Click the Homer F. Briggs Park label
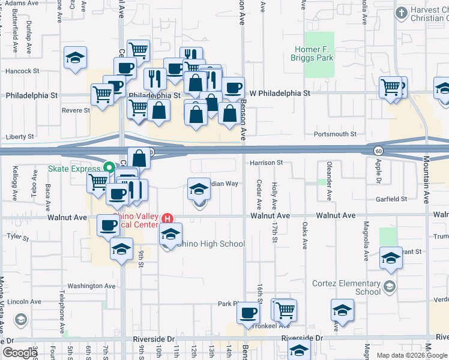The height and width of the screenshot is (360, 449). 319,54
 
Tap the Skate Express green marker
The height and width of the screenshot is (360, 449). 109,167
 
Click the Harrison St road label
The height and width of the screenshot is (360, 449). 267,163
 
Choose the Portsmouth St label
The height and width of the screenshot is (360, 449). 339,134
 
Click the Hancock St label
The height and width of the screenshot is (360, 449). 22,71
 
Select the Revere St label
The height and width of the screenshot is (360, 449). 76,110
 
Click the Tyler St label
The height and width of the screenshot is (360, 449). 13,236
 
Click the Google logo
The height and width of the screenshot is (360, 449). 20,353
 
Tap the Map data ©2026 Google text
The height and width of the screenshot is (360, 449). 411,355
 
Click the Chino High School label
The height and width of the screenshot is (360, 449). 212,244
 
